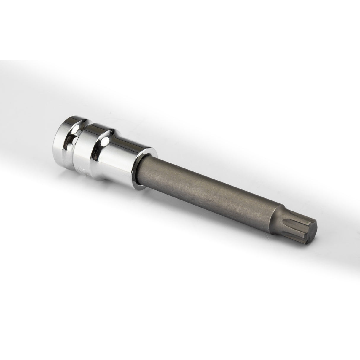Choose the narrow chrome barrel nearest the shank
[x=125, y=160]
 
